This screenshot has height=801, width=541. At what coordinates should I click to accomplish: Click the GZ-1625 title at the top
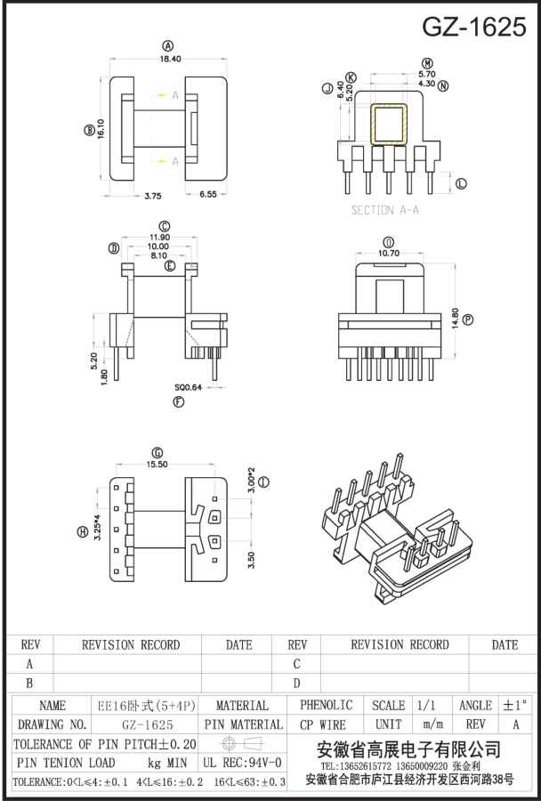click(x=473, y=26)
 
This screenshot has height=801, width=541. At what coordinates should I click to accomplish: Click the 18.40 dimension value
click(x=170, y=59)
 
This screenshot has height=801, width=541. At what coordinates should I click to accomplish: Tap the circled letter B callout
click(x=88, y=130)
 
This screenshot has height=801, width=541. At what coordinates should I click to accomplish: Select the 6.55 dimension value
click(x=206, y=195)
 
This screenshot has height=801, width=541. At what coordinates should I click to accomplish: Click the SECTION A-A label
click(x=385, y=210)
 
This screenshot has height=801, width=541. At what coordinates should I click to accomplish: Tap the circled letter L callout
click(x=461, y=183)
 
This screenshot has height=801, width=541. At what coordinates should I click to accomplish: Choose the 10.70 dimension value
click(x=389, y=254)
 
